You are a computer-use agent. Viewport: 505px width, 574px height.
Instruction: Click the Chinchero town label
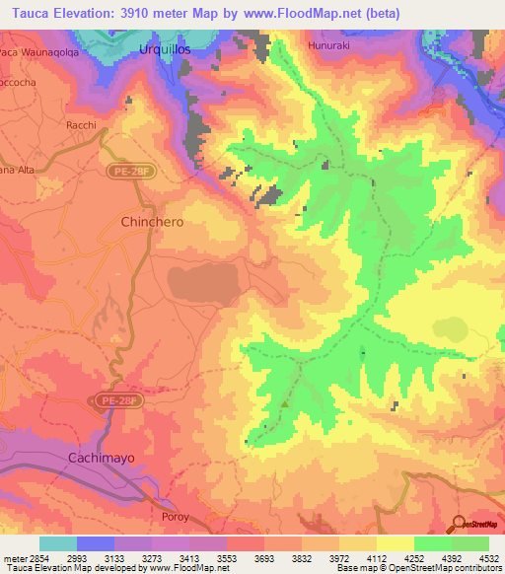[x=151, y=222]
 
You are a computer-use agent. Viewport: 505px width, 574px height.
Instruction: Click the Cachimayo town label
[x=99, y=459]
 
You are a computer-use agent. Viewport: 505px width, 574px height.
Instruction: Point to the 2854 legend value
[x=35, y=557]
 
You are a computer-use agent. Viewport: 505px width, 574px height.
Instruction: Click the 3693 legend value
[x=262, y=557]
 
